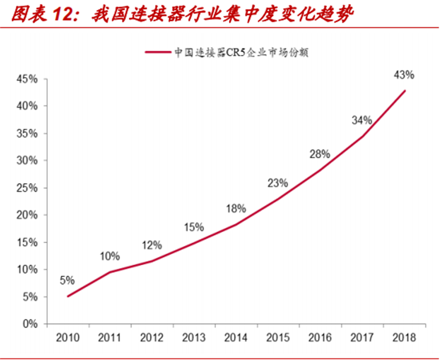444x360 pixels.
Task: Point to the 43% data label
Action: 404,76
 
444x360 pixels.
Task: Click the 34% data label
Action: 362,120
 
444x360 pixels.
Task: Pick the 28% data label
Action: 320,154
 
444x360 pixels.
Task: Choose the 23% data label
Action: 278,183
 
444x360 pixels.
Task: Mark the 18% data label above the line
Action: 236,208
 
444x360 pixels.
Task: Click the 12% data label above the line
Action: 151,245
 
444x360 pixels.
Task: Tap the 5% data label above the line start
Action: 67,280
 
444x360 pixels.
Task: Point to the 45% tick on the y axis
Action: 27,79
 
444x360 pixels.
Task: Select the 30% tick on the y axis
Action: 27,160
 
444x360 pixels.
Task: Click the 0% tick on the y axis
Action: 29,324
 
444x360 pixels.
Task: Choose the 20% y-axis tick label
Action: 27,215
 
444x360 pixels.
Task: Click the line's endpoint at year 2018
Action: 405,90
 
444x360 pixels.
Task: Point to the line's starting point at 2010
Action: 68,296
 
